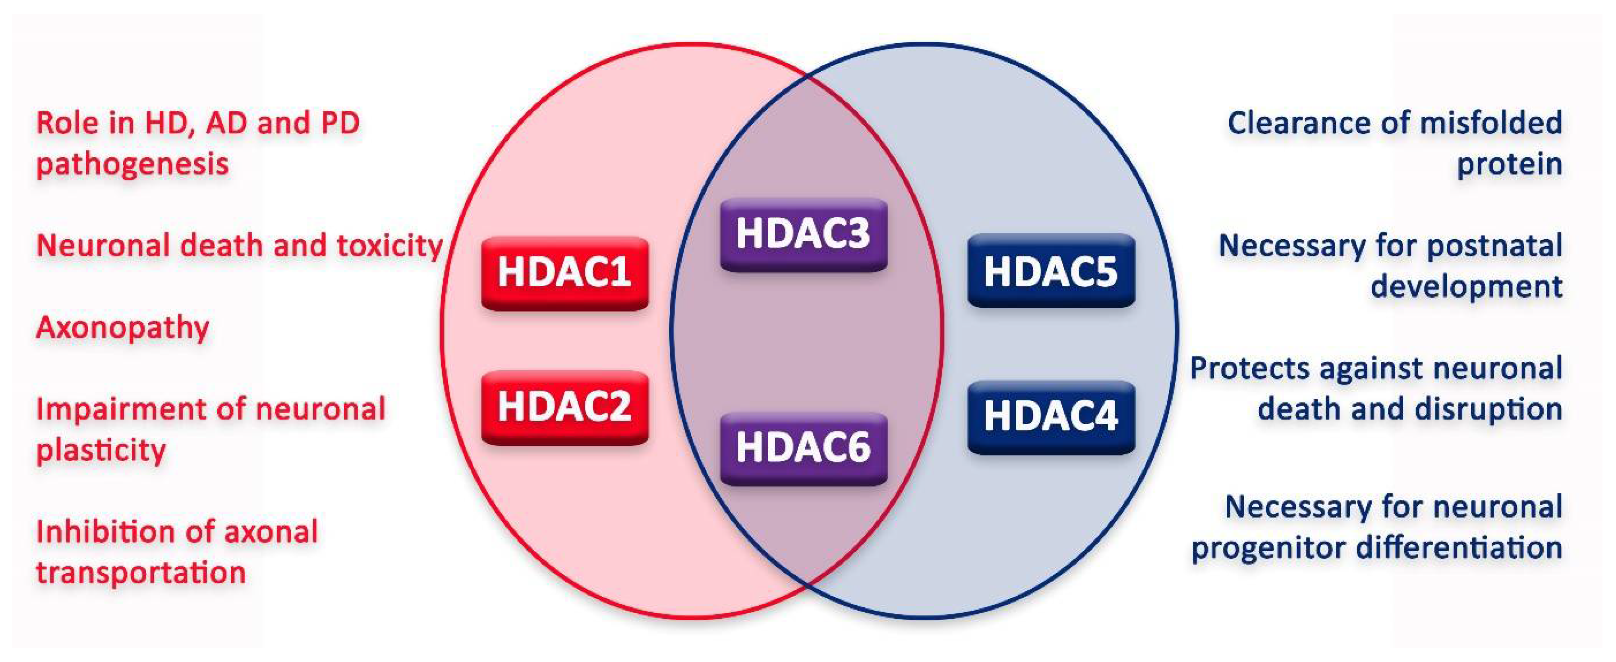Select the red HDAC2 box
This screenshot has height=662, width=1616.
click(564, 408)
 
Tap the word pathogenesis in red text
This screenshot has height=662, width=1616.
click(132, 165)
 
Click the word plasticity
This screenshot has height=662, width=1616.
click(101, 450)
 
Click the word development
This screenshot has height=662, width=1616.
click(1466, 287)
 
